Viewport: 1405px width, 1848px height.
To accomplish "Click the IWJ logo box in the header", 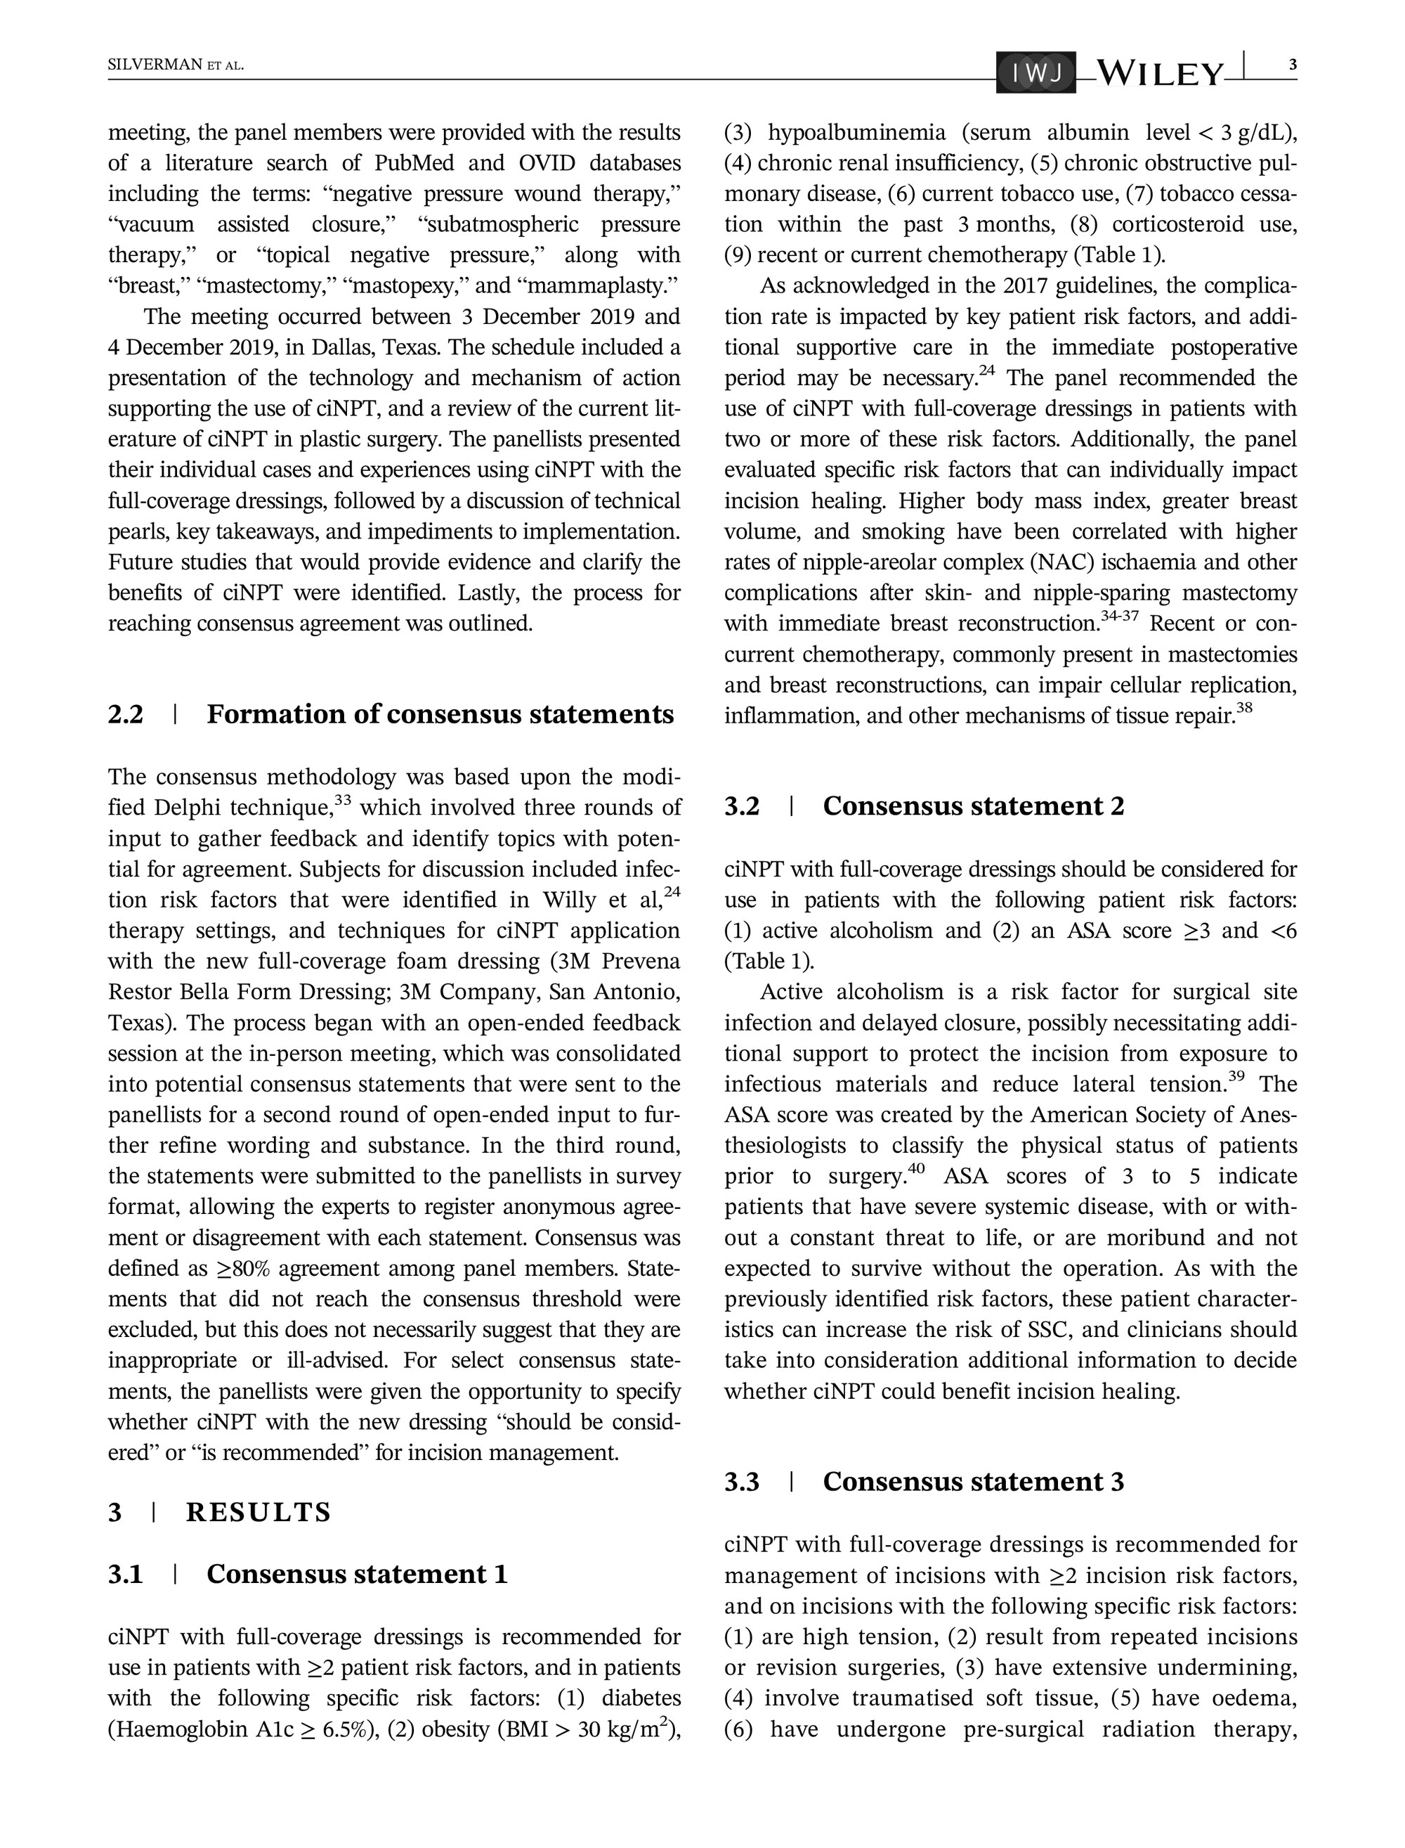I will point(1035,74).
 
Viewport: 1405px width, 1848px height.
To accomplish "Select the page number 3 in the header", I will point(1292,65).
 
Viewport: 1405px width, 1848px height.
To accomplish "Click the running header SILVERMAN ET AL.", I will point(176,65).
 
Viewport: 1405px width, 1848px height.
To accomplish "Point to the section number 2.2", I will point(126,714).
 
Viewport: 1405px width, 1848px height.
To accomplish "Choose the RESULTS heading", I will point(259,1512).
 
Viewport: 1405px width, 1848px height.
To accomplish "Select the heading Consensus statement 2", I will point(974,806).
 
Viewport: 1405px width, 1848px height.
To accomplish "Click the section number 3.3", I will point(742,1482).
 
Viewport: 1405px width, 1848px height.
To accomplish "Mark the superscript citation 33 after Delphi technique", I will point(342,800).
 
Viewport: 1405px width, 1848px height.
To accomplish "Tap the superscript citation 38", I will point(1244,709).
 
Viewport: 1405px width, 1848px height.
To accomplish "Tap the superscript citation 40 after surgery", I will point(917,1168).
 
